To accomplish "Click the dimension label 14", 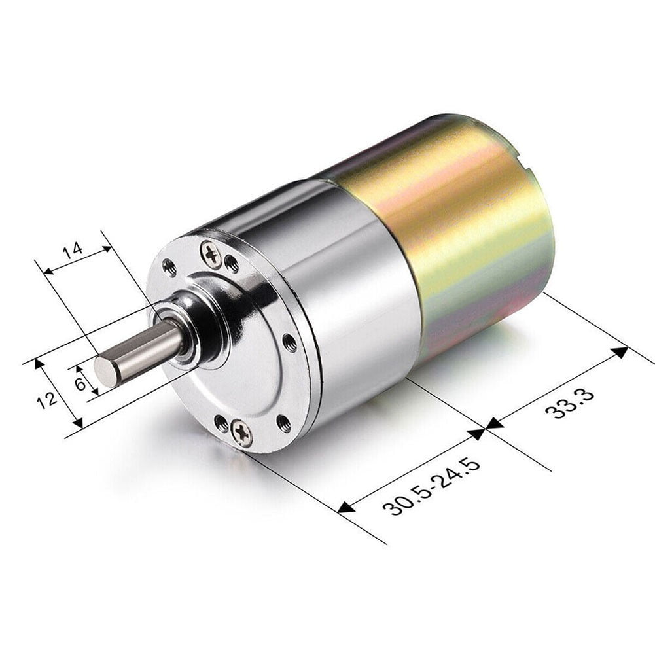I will point(73,251).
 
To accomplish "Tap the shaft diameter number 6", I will point(80,383).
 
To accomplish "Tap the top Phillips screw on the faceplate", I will point(211,254).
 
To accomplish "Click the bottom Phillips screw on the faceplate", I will point(241,433).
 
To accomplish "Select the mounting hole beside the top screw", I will point(231,263).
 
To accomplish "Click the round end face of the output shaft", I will point(105,370).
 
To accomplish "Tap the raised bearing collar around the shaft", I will point(196,327).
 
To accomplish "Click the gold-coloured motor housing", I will point(458,229).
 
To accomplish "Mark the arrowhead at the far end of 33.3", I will point(619,352).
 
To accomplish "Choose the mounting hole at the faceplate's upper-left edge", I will point(169,266).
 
